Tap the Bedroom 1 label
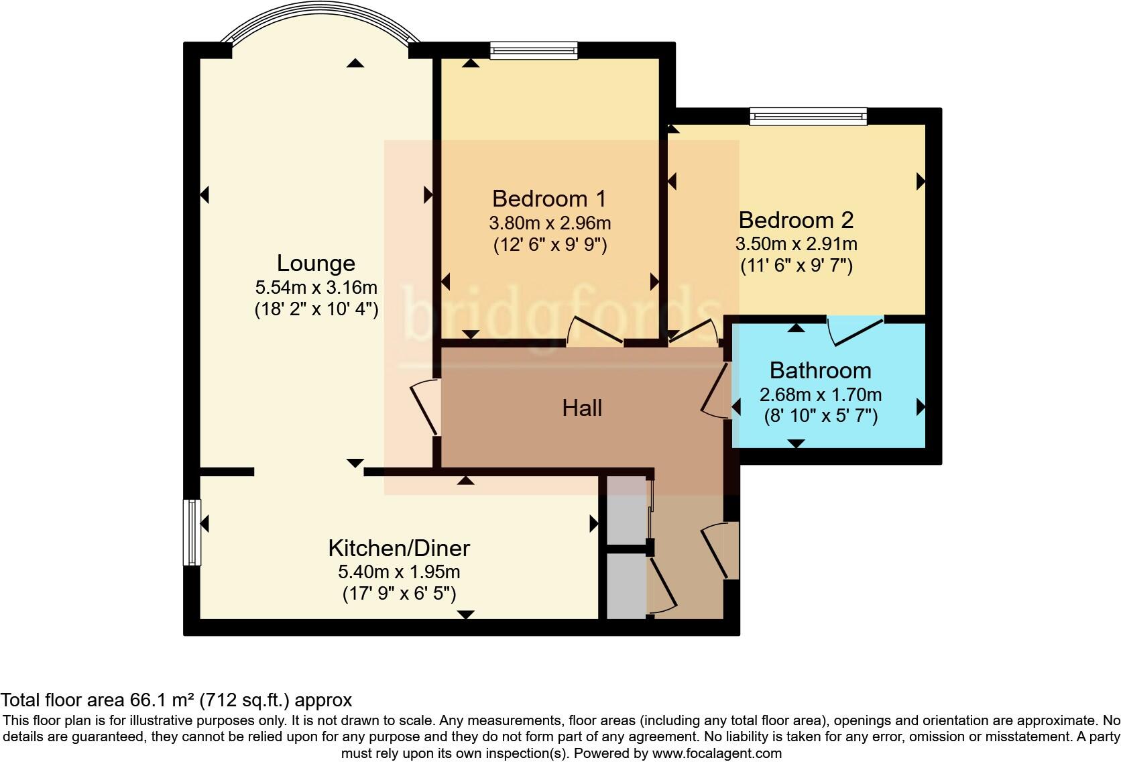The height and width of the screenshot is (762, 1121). (x=548, y=199)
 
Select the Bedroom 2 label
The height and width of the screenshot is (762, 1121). (x=795, y=220)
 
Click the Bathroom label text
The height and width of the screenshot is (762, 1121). (x=820, y=370)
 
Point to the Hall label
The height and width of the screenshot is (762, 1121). (x=582, y=408)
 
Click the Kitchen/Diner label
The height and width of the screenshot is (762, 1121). (x=399, y=548)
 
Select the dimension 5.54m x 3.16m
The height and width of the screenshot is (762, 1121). (x=316, y=288)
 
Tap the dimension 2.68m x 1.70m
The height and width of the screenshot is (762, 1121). (x=820, y=394)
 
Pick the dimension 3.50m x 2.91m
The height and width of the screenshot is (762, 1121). (x=795, y=243)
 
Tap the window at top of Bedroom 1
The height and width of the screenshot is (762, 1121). (x=533, y=51)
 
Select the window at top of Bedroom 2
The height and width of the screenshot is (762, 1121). (x=808, y=117)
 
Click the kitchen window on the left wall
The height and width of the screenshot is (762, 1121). (x=192, y=532)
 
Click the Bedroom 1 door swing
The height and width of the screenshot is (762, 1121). (x=595, y=330)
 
